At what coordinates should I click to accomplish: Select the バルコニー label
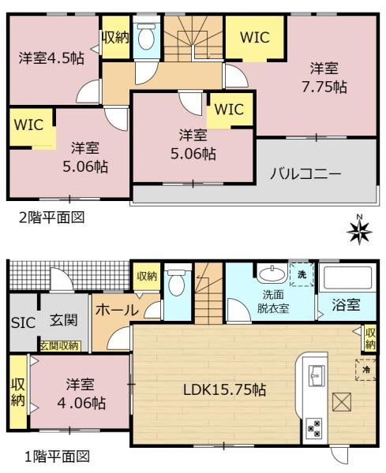pos(307,172)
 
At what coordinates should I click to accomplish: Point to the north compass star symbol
pos(360,231)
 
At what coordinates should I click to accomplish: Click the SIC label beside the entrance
pos(21,322)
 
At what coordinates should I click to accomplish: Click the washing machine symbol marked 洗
pos(302,274)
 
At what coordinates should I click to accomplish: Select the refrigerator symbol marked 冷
pos(365,368)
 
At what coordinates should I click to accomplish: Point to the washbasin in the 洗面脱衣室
pos(271,274)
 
